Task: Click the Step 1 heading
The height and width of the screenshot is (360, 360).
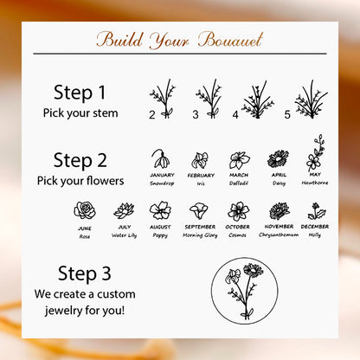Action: [x=80, y=93]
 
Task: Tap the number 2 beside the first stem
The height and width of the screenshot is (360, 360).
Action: [x=152, y=115]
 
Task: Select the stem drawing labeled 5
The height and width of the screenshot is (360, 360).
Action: [x=312, y=100]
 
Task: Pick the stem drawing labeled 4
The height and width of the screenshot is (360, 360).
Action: [x=258, y=100]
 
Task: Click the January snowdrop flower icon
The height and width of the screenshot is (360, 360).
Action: [x=161, y=158]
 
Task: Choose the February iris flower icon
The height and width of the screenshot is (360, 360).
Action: [x=200, y=160]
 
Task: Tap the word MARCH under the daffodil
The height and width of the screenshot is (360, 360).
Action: [x=239, y=175]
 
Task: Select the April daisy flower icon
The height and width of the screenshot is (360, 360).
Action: [x=278, y=159]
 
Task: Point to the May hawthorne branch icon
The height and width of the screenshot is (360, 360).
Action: [x=315, y=153]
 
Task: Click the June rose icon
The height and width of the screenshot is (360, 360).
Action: [x=85, y=210]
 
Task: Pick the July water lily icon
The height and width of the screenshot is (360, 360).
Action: [x=124, y=210]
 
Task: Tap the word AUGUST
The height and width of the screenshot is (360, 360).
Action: [x=160, y=227]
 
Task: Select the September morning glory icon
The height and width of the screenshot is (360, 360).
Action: [x=199, y=211]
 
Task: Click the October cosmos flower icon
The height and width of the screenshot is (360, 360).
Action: [x=238, y=211]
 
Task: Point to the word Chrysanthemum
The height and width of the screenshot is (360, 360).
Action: [x=279, y=235]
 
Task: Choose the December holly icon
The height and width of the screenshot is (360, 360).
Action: [x=317, y=211]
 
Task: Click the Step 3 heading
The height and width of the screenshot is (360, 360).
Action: [x=84, y=273]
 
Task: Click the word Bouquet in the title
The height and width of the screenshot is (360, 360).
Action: [x=231, y=40]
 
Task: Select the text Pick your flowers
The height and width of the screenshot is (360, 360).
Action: [x=80, y=181]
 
